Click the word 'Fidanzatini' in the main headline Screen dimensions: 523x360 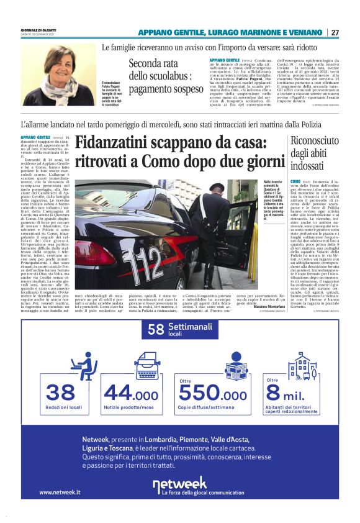click(x=121, y=144)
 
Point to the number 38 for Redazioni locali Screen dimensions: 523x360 click(x=60, y=393)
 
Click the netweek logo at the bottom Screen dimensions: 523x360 click(x=180, y=483)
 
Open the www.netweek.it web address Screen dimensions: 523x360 click(x=60, y=492)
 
